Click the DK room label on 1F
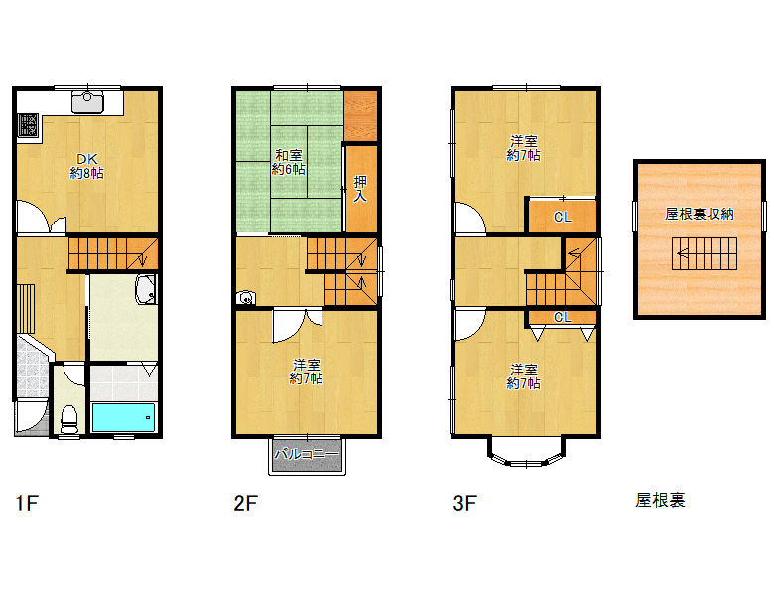tap(87, 166)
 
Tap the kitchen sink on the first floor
tap(87, 102)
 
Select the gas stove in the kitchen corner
tap(28, 125)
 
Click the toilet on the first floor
tap(68, 419)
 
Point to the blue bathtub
tap(123, 417)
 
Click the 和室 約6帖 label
tap(289, 162)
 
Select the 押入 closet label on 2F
tap(360, 189)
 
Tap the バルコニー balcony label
tap(307, 454)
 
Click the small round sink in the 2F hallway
tap(246, 298)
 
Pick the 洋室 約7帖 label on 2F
tap(307, 372)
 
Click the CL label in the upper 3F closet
tap(563, 217)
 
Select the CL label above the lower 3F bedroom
tap(563, 317)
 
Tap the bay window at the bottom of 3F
tap(526, 454)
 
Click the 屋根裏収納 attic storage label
tap(700, 214)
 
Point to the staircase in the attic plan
tap(705, 253)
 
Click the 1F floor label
tap(27, 503)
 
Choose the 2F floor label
tap(245, 503)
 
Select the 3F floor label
tap(464, 503)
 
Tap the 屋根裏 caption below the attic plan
tap(661, 500)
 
